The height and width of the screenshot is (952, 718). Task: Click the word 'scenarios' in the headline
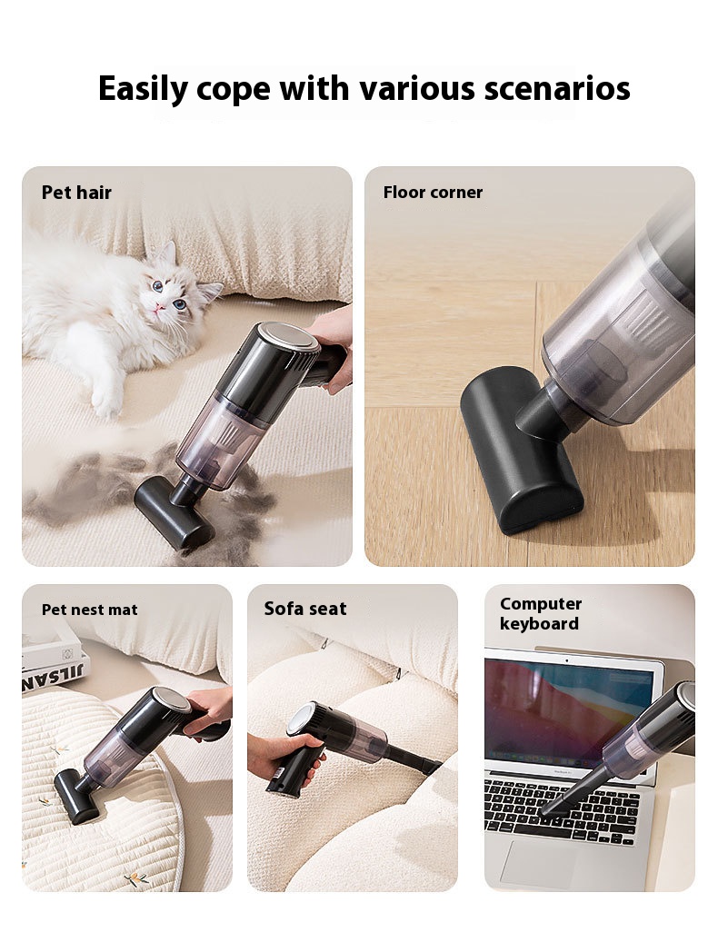[x=557, y=89]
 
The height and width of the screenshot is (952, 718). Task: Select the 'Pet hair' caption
[x=76, y=193]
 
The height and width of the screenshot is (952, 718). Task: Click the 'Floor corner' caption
[x=433, y=193]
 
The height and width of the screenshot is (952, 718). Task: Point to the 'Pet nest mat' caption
[x=89, y=610]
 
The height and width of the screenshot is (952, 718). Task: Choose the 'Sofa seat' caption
[x=305, y=609]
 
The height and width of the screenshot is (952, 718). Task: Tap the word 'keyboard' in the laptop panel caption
[x=539, y=623]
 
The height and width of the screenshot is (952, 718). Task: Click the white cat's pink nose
[x=160, y=308]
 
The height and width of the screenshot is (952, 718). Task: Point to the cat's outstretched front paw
[x=105, y=403]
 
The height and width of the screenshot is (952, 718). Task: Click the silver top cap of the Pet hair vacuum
[x=288, y=337]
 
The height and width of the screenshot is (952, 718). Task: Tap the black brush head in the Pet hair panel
[x=173, y=513]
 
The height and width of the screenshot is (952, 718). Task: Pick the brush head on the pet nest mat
[x=76, y=796]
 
